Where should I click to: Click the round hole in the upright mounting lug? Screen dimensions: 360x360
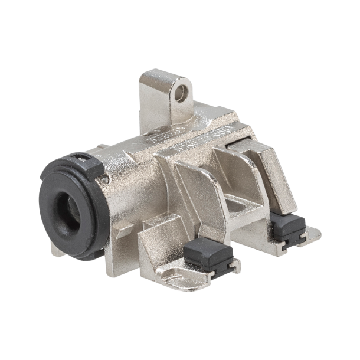(187, 91)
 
